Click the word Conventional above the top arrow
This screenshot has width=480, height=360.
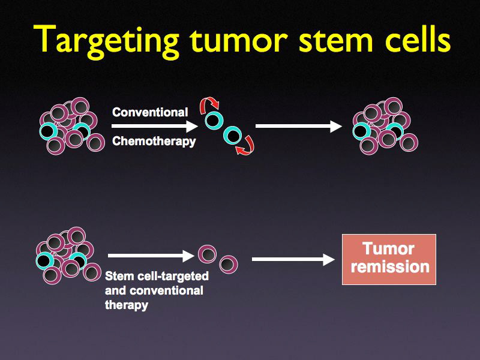(150, 112)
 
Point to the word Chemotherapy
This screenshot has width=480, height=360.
(154, 142)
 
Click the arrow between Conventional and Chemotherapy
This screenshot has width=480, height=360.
(154, 126)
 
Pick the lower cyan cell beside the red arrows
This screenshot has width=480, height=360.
(232, 136)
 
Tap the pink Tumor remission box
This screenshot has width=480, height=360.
(389, 259)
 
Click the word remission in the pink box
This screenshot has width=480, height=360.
(390, 267)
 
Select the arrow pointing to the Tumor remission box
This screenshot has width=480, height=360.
(293, 259)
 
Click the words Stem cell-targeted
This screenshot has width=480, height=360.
(157, 277)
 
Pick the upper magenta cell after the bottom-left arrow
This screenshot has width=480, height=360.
(206, 254)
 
